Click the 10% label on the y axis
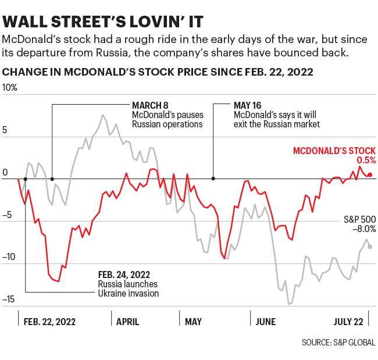(x=10, y=88)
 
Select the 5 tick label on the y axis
(x=6, y=130)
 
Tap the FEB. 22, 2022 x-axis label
(x=49, y=321)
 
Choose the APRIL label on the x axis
(x=128, y=321)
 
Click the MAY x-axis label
(x=193, y=321)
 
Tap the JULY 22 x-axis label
(x=348, y=321)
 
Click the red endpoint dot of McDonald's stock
(x=370, y=174)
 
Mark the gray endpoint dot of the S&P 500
(x=370, y=247)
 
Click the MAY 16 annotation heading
(x=248, y=105)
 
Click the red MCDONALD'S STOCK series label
(x=334, y=150)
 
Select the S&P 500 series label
(x=359, y=219)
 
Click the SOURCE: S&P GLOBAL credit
(x=338, y=343)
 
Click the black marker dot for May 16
(x=213, y=179)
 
